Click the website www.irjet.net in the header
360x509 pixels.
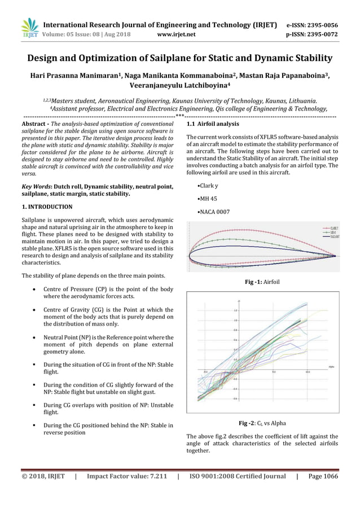tap(177, 34)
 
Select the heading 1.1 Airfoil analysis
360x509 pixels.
tap(212, 124)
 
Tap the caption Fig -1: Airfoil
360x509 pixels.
tap(263, 281)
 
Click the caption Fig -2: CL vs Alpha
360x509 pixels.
tap(262, 423)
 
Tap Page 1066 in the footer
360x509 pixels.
tap(323, 476)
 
